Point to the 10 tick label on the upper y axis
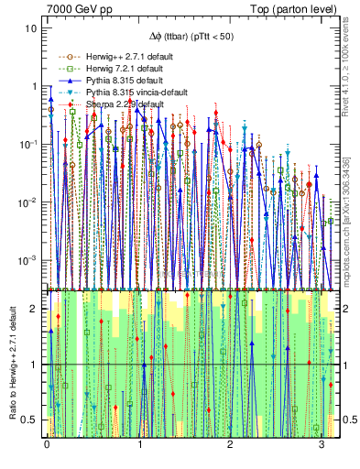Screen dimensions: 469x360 pyautogui.click(x=31, y=28)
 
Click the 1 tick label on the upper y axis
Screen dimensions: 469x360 pyautogui.click(x=34, y=86)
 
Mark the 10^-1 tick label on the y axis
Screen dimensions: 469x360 pyautogui.click(x=28, y=144)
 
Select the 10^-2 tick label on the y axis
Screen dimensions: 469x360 pyautogui.click(x=28, y=202)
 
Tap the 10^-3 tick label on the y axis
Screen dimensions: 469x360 pyautogui.click(x=28, y=259)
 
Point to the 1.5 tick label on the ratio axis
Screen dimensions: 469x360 pyautogui.click(x=30, y=336)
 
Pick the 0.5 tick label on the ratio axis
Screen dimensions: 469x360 pyautogui.click(x=30, y=420)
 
